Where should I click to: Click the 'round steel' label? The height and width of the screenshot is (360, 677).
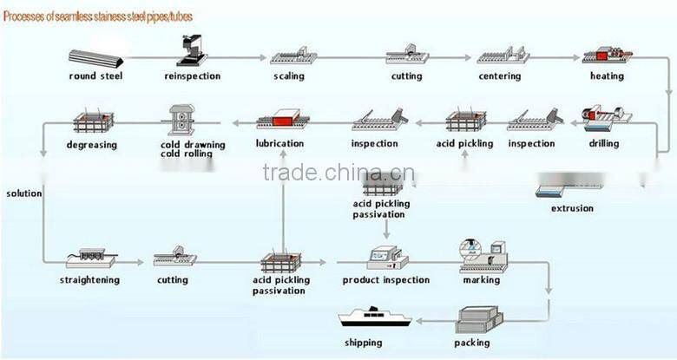[x=95, y=76]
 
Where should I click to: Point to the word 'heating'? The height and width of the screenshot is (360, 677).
[x=607, y=76]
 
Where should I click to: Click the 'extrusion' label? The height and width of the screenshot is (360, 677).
[x=573, y=208]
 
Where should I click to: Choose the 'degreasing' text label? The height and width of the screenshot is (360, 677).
[x=90, y=144]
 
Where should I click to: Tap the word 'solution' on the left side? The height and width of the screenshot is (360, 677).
[x=23, y=193]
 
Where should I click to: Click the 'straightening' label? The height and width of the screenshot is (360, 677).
[x=89, y=280]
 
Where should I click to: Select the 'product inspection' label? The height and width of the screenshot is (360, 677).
[x=385, y=280]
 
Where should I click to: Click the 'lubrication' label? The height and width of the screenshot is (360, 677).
[x=279, y=143]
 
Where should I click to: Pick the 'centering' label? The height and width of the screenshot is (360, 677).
[x=500, y=76]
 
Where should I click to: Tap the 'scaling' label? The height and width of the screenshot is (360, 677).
[x=289, y=76]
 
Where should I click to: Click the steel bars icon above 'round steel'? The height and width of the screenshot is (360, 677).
[x=96, y=58]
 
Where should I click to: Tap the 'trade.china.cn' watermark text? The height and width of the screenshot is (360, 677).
[x=338, y=173]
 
